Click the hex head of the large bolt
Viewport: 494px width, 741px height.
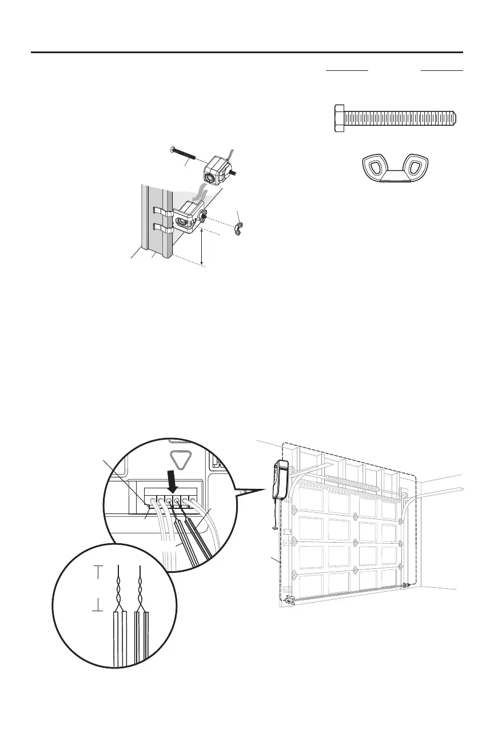339,118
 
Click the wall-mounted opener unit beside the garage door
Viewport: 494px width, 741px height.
281,480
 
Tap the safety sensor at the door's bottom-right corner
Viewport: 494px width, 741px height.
407,584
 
